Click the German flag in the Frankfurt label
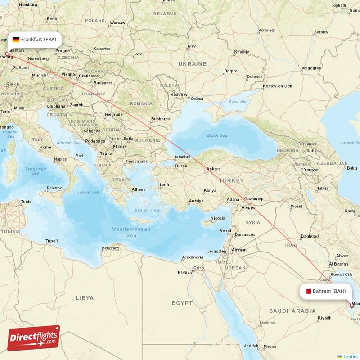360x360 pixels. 16,40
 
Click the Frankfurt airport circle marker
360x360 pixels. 7,54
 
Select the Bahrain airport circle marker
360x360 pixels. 351,306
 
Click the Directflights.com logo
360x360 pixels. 34,338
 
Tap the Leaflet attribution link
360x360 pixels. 350,356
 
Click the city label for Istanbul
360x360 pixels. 183,157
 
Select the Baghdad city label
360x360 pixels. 310,236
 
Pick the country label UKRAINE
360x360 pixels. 192,64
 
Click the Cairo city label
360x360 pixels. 198,268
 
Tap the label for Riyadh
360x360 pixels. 324,318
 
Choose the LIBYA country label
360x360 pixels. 85,298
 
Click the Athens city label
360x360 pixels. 139,189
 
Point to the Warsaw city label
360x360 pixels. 117,22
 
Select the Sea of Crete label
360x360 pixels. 147,210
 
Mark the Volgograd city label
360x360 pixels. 311,68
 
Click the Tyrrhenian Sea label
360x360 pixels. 35,171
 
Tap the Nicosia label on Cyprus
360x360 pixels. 218,218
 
